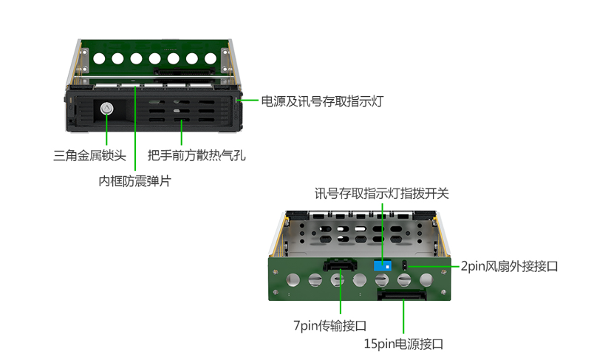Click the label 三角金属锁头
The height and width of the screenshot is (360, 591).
[x=89, y=155]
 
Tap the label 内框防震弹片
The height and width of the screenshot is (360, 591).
[x=134, y=181]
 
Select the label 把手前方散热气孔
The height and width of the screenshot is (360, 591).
[x=197, y=155]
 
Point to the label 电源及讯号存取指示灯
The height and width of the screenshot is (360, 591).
[x=322, y=101]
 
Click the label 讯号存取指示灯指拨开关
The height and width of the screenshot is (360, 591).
[x=382, y=194]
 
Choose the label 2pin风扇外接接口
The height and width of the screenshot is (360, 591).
[x=509, y=266]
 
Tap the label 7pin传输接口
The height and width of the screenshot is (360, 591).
[x=329, y=325]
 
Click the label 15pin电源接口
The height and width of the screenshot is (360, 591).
[x=403, y=344]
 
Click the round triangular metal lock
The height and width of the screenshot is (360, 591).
[x=106, y=109]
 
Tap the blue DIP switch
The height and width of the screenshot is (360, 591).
[x=382, y=266]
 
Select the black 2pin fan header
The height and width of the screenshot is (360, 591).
[x=405, y=265]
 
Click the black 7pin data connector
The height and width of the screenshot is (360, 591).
[x=340, y=264]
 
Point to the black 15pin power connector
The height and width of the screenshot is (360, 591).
[x=402, y=294]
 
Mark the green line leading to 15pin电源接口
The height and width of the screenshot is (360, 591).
[x=403, y=316]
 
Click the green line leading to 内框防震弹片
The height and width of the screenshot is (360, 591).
[x=135, y=129]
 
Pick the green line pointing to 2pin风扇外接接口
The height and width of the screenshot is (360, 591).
[x=434, y=266]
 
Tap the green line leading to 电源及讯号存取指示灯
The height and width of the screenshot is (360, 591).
[x=247, y=100]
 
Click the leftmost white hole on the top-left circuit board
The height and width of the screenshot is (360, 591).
[x=99, y=58]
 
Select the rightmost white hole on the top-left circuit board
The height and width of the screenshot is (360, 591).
[x=211, y=58]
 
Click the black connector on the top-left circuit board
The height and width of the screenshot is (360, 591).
[x=184, y=71]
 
